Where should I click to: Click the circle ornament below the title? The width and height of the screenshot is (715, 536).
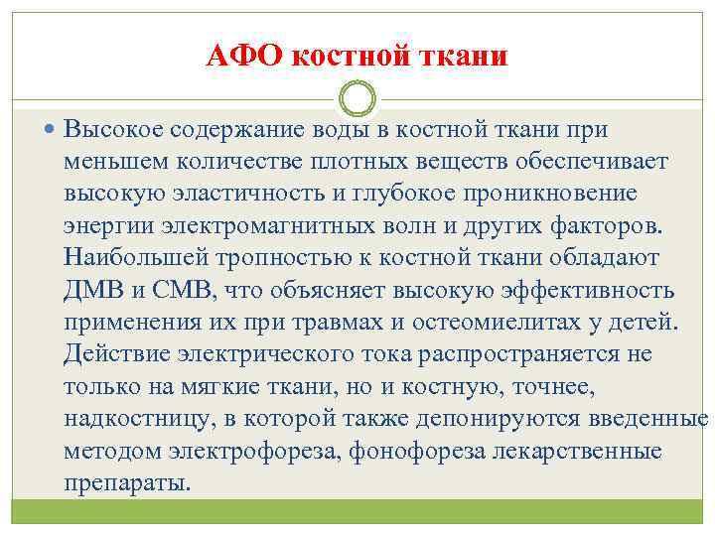[x=357, y=100]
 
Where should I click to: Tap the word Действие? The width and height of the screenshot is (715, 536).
[x=110, y=353]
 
